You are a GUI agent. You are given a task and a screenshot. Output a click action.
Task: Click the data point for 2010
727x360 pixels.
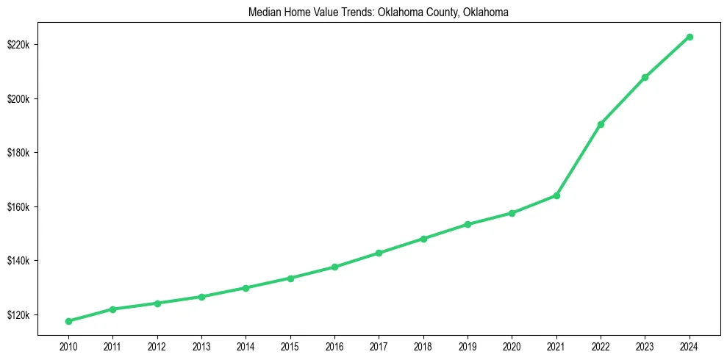pos(68,321)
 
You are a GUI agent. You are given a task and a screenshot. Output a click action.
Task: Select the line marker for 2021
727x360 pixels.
pos(556,195)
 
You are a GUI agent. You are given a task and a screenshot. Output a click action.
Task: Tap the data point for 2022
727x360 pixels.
pos(601,124)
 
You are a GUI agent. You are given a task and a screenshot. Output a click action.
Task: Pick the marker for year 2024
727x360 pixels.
pos(690,37)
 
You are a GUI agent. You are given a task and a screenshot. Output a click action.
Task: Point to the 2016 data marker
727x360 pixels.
pos(334,267)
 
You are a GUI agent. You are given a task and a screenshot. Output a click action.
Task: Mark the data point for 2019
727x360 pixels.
pos(468,224)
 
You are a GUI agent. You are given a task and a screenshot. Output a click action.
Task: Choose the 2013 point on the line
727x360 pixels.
pos(201,297)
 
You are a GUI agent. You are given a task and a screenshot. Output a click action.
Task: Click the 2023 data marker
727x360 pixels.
pos(645,77)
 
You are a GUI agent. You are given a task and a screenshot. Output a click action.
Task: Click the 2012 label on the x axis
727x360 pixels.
pos(157,346)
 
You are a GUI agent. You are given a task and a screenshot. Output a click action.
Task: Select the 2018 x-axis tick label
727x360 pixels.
pos(423,346)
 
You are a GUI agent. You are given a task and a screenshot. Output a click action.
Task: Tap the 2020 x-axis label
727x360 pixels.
pos(512,346)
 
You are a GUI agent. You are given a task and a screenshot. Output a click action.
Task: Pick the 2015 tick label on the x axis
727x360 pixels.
pos(290,346)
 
